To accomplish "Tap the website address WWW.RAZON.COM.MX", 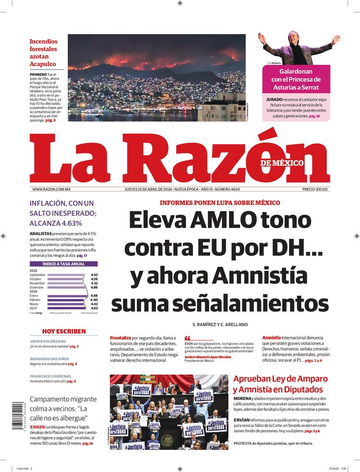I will tap(51, 190).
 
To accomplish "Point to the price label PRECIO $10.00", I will tap(315, 190).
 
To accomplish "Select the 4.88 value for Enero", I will tap(94, 295).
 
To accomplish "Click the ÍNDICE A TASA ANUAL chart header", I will tap(64, 264).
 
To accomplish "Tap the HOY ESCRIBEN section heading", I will tap(64, 331).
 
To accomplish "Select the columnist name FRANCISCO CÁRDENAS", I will tap(50, 376).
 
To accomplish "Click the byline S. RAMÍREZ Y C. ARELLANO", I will tap(220, 325).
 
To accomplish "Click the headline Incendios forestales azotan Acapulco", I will tap(43, 53).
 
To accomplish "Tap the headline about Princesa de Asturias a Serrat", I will tap(296, 79).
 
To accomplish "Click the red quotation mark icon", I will tap(188, 338).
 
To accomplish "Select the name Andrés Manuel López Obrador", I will tap(208, 357).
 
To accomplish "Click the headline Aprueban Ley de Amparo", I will tap(281, 384).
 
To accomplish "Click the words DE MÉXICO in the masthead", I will tap(282, 163).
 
